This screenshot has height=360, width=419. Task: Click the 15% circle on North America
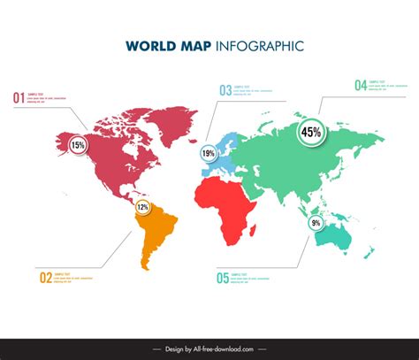(x=78, y=145)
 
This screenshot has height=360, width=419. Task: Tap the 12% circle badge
(x=142, y=207)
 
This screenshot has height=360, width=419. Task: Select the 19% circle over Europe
(x=209, y=153)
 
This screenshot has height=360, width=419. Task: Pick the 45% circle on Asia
(x=311, y=133)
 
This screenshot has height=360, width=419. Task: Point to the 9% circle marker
(x=316, y=224)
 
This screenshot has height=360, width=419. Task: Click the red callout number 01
(x=18, y=97)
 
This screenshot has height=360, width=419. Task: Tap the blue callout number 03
(x=225, y=89)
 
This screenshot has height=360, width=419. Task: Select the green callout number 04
(x=361, y=85)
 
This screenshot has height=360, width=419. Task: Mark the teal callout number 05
(x=222, y=278)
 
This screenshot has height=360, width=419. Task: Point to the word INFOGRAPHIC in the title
(x=261, y=44)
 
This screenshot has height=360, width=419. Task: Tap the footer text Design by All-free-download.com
(x=209, y=349)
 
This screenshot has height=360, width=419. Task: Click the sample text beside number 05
(x=252, y=278)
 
